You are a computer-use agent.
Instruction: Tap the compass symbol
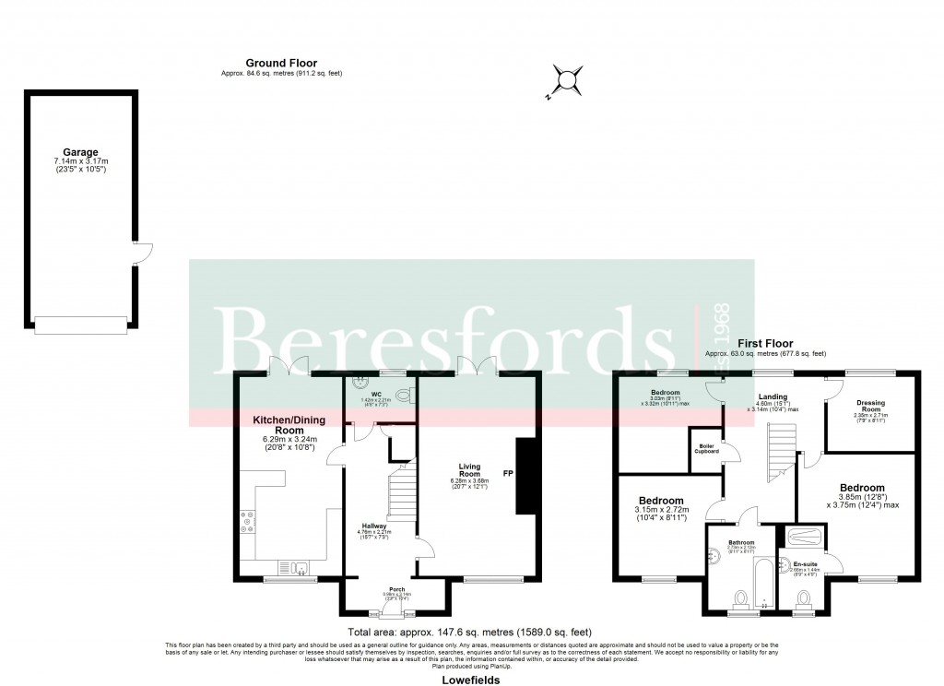(x=565, y=80)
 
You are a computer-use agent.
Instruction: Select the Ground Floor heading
(x=281, y=64)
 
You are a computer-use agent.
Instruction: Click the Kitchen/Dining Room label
(x=291, y=425)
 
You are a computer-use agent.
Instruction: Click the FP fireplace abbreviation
(x=508, y=474)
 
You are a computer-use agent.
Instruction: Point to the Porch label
(x=396, y=589)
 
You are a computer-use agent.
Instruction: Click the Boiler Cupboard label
(x=707, y=447)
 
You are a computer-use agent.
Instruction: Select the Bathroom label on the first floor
(x=742, y=542)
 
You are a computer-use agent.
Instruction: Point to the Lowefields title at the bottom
(x=471, y=680)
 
